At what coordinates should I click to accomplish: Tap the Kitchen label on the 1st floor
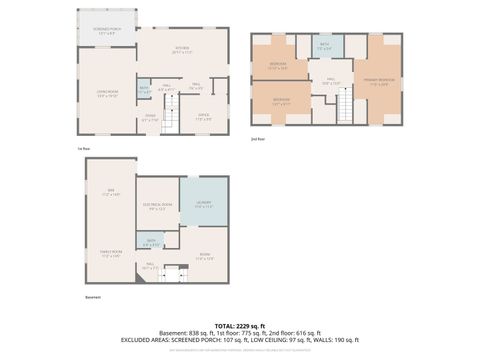181,52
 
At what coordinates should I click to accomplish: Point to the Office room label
203,117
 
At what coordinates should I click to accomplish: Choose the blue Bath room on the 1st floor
144,89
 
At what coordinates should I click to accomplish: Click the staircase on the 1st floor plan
171,121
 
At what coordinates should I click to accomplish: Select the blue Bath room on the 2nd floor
325,46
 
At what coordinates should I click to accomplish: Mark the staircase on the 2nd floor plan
345,104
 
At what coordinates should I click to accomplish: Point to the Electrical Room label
156,208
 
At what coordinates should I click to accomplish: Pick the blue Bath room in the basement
150,242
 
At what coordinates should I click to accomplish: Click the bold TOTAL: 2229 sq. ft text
240,325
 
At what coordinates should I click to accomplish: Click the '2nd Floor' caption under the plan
259,139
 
